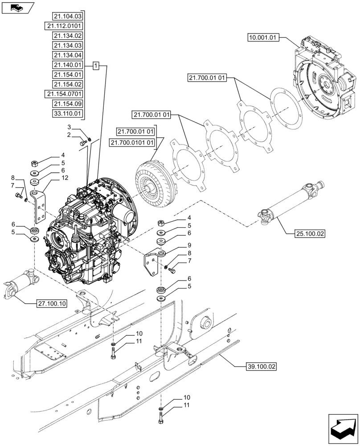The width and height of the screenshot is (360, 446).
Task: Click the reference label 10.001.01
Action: tap(263, 38)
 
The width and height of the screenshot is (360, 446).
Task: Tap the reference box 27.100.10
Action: tap(51, 304)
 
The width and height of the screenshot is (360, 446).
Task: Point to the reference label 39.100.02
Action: tap(261, 367)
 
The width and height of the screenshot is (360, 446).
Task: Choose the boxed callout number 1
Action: tap(96, 65)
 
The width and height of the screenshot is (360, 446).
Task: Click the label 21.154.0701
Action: tap(64, 94)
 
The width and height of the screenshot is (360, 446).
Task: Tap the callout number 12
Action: tap(65, 178)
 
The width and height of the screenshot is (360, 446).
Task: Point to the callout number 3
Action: tap(70, 128)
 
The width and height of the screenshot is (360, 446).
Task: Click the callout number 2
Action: tap(70, 135)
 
